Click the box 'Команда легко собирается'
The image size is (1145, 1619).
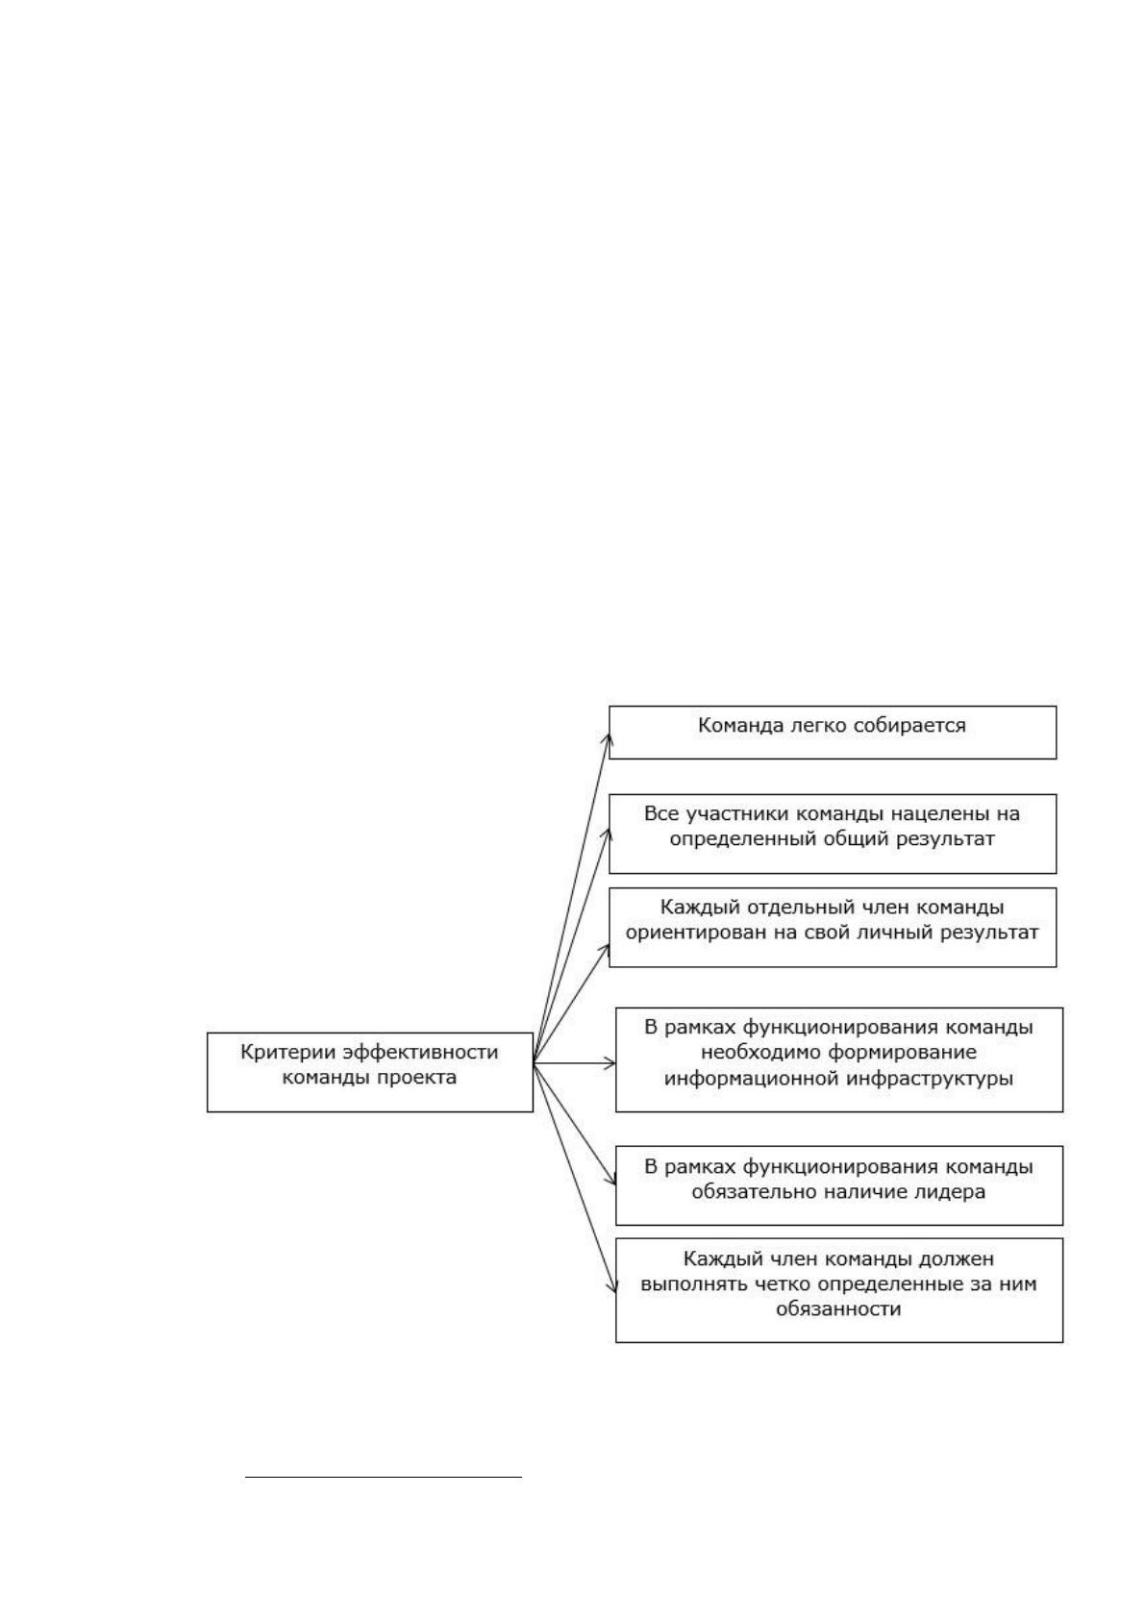[x=832, y=733]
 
